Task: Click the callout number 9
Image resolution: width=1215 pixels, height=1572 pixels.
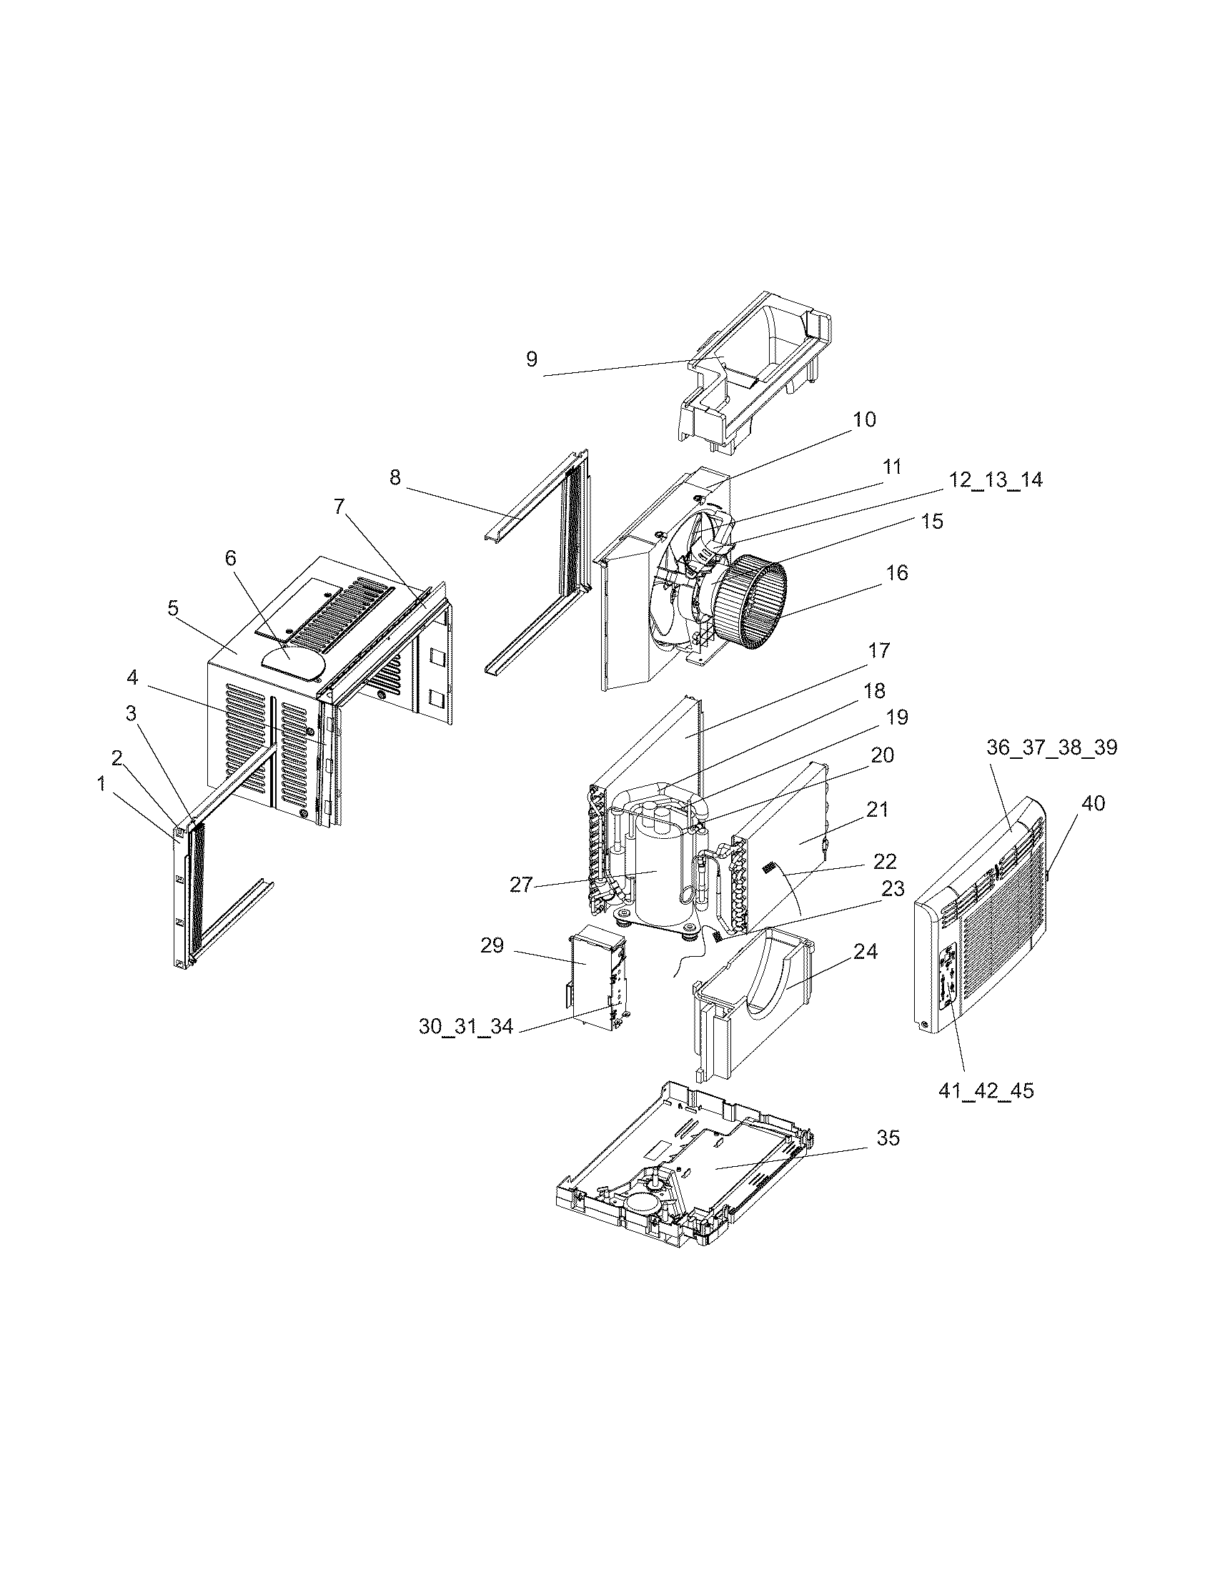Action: click(x=531, y=359)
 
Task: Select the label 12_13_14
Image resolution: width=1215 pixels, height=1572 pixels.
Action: click(x=995, y=480)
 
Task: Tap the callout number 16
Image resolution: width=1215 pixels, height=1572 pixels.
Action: click(x=897, y=573)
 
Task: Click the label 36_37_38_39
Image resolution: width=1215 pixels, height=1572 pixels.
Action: click(x=1051, y=748)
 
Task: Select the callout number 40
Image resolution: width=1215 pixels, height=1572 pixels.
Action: click(x=1093, y=803)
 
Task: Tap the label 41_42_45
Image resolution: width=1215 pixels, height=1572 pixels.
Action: click(x=986, y=1110)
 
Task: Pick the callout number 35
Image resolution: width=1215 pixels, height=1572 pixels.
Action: click(x=888, y=1138)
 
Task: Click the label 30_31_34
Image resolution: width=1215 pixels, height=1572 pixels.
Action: click(x=466, y=1027)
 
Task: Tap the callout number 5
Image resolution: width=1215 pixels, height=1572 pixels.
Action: click(x=173, y=608)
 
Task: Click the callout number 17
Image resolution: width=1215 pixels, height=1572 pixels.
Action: click(x=879, y=651)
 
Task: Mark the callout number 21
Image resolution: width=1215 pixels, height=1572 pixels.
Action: click(x=877, y=810)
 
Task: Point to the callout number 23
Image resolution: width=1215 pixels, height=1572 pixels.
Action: click(x=893, y=890)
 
